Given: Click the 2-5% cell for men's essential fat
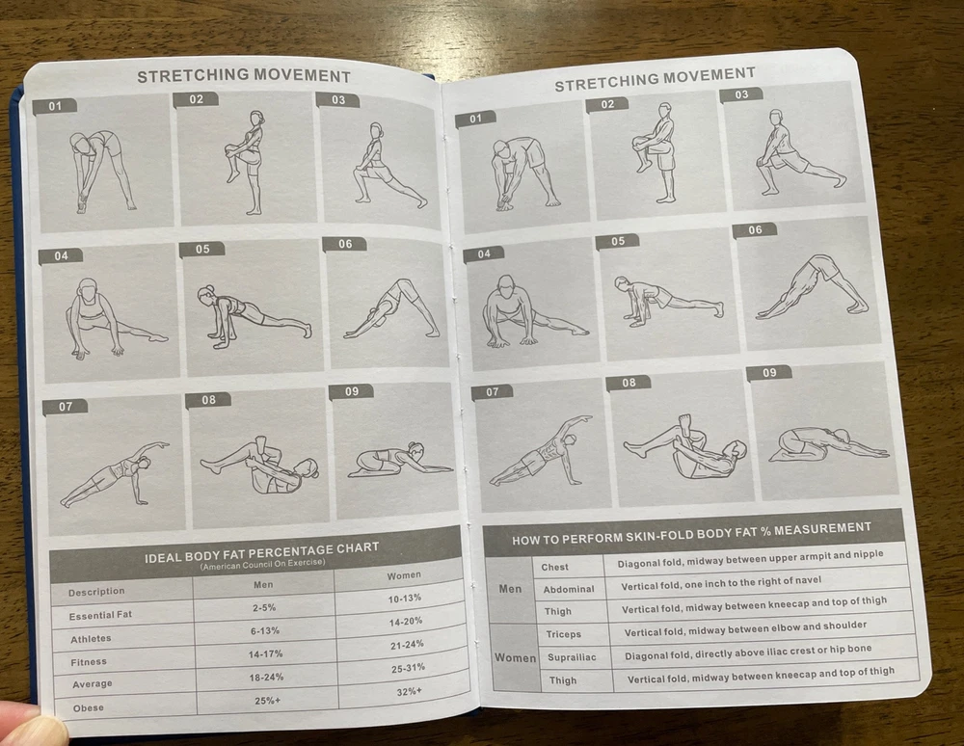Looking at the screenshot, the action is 264,608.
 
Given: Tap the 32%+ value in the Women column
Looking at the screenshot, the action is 409,691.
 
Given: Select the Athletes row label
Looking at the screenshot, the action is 91,639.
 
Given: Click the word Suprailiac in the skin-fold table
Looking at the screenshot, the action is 572,657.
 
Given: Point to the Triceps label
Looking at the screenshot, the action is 563,634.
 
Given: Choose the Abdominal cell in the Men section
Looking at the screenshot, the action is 569,589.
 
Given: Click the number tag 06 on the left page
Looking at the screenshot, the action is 345,244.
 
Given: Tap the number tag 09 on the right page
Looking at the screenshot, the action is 769,372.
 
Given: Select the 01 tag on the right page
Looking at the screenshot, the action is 476,119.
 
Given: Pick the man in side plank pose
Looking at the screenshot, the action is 541,452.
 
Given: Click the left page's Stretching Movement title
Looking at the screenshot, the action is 244,75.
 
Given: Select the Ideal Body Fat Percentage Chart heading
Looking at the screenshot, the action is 262,552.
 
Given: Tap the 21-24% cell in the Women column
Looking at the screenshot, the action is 407,645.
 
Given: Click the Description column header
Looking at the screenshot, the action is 96,592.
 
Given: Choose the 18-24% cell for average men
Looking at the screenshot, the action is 266,678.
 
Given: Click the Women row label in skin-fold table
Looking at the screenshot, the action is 515,658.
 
